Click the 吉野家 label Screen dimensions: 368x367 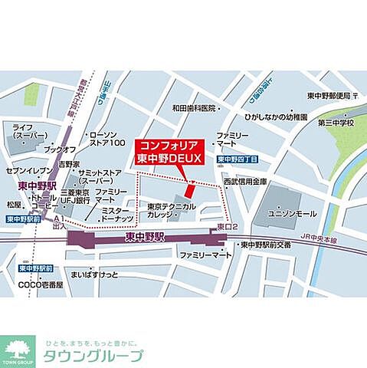(72, 163)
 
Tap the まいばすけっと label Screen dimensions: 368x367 (93, 273)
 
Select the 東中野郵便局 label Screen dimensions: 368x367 (327, 96)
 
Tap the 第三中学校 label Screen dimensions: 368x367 (338, 122)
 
